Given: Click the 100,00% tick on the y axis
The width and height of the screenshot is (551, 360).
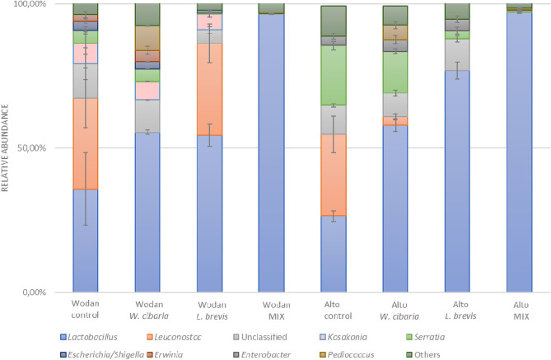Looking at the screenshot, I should point(32,5).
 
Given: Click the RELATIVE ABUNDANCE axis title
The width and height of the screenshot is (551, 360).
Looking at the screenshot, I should point(7,147).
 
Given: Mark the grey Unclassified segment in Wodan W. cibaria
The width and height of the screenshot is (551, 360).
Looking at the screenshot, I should point(147,115).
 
